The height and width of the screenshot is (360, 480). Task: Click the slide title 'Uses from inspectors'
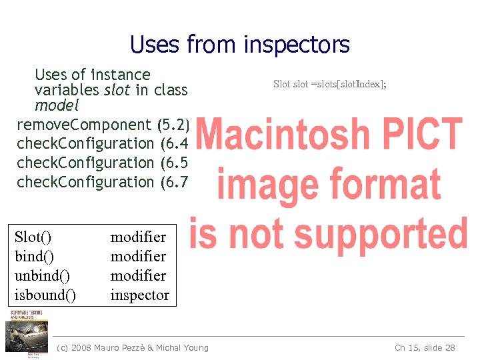point(240,45)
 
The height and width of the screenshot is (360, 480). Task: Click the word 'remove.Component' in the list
point(84,124)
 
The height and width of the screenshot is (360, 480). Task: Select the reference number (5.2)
point(175,124)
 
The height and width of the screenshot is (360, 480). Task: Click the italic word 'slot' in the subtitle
point(117,90)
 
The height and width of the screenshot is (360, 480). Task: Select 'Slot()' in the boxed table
point(33,237)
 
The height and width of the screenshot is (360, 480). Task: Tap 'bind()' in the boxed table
point(33,256)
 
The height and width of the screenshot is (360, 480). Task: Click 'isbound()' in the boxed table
point(45,295)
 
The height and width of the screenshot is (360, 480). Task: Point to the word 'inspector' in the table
point(139,295)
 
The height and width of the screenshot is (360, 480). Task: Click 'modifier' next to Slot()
point(138,237)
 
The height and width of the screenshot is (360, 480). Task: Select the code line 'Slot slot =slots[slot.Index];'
point(330,84)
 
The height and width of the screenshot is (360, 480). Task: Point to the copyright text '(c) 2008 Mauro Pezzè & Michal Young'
point(133,347)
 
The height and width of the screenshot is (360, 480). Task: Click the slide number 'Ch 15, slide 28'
point(425,347)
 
